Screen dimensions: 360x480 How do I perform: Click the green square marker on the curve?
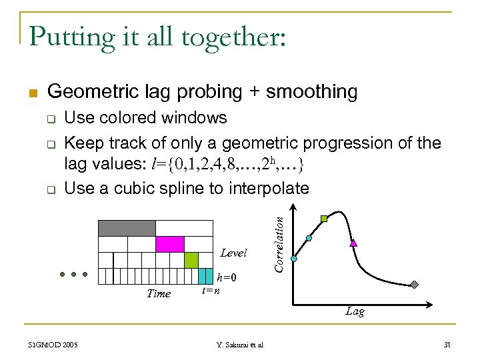pyautogui.click(x=324, y=218)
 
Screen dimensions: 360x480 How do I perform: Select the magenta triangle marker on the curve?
pyautogui.click(x=353, y=243)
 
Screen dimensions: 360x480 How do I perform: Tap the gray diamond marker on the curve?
pyautogui.click(x=414, y=285)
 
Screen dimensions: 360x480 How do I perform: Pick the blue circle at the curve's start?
pyautogui.click(x=294, y=259)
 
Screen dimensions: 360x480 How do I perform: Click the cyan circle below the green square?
pyautogui.click(x=309, y=238)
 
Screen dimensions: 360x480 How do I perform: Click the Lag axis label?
pyautogui.click(x=355, y=311)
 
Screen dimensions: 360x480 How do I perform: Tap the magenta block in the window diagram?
pyautogui.click(x=169, y=244)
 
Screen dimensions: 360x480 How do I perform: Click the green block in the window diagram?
pyautogui.click(x=191, y=260)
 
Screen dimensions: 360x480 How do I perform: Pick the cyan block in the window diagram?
pyautogui.click(x=206, y=276)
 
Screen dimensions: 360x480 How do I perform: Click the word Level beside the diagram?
pyautogui.click(x=233, y=253)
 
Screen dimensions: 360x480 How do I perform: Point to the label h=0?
pyautogui.click(x=227, y=278)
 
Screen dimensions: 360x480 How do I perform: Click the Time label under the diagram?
pyautogui.click(x=159, y=293)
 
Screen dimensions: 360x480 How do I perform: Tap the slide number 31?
pyautogui.click(x=447, y=344)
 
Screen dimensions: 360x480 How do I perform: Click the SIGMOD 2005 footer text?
pyautogui.click(x=53, y=344)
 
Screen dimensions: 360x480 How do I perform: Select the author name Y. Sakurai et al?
pyautogui.click(x=240, y=344)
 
